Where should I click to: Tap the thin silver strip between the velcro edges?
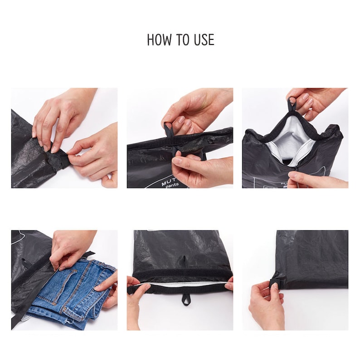point(181,283)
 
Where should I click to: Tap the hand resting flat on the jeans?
point(107,288)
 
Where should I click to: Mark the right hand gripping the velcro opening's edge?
point(229,283)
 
